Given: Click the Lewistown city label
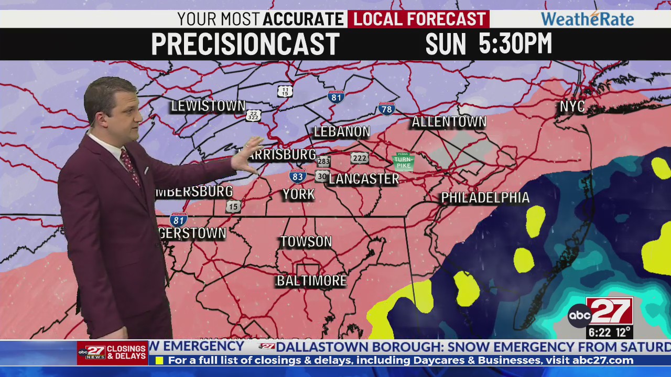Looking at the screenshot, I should [208, 106].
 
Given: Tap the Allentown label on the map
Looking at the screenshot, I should [449, 122].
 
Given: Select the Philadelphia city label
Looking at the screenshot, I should [485, 198].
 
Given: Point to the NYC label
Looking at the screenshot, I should [572, 107].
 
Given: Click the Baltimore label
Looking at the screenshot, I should [311, 281].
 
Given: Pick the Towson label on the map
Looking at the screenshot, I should [306, 241].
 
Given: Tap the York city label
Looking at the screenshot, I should [299, 194].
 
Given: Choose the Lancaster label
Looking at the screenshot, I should [364, 179].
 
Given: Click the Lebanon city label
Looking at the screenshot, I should [342, 132].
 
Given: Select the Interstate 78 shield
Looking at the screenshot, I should [386, 109].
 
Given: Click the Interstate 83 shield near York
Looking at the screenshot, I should [298, 176].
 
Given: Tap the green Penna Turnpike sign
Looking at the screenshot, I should [403, 161].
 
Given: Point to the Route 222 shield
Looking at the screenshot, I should [360, 158].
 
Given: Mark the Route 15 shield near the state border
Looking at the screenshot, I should [234, 206].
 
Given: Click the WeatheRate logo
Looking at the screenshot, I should [587, 19].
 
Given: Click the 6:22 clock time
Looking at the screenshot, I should [600, 332].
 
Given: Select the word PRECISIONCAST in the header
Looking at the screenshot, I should [245, 44].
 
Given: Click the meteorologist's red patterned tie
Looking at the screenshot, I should [130, 167].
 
